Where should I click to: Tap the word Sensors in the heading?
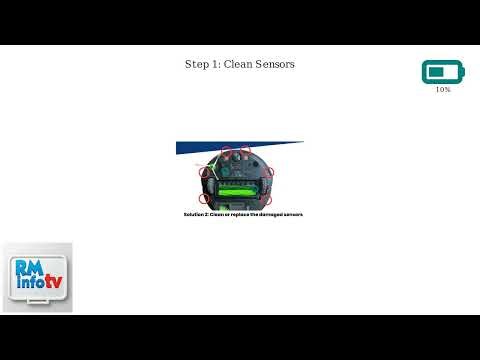(x=276, y=64)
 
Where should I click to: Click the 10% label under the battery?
(x=443, y=90)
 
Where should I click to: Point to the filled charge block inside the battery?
(x=435, y=72)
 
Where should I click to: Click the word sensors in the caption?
(x=291, y=215)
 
